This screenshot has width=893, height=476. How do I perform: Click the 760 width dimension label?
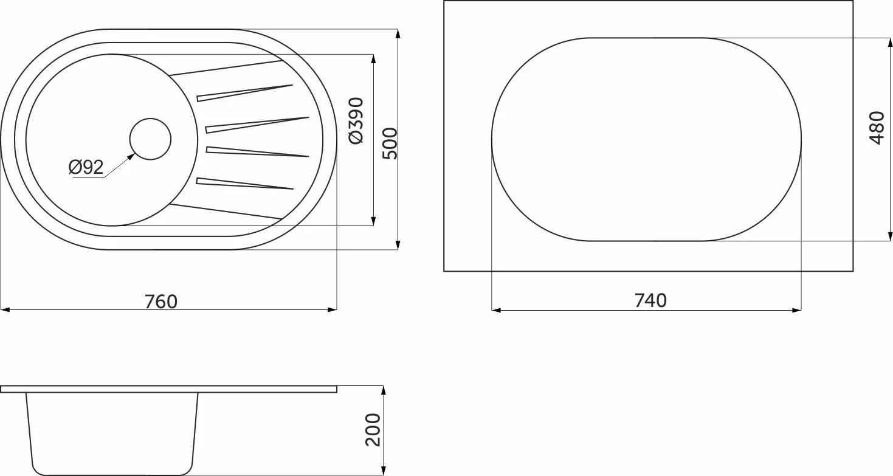pyautogui.click(x=161, y=302)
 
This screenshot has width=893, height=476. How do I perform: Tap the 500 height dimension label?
pyautogui.click(x=390, y=143)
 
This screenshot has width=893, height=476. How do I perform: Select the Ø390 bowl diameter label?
pyautogui.click(x=356, y=120)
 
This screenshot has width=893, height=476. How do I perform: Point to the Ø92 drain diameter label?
pyautogui.click(x=86, y=167)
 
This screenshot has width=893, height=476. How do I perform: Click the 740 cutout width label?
pyautogui.click(x=650, y=300)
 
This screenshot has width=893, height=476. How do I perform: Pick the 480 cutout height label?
pyautogui.click(x=877, y=128)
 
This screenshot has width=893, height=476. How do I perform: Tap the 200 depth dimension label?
pyautogui.click(x=373, y=430)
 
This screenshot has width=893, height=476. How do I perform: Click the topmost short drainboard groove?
pyautogui.click(x=245, y=93)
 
